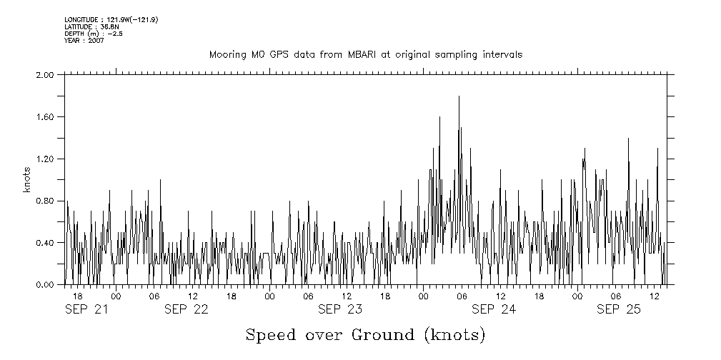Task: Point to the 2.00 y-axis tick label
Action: [x=45, y=74]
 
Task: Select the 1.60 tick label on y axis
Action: [x=45, y=116]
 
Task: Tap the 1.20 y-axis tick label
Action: [x=45, y=159]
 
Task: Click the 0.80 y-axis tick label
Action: [x=45, y=201]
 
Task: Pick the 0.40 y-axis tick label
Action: [x=45, y=243]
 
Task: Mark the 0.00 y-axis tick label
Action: [x=45, y=285]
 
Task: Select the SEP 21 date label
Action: [x=86, y=309]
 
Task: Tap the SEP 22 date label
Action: [x=187, y=309]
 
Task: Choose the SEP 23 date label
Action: [x=339, y=309]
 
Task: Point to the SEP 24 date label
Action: [x=493, y=309]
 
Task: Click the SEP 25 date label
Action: [x=619, y=309]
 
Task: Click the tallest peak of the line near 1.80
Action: [x=459, y=96]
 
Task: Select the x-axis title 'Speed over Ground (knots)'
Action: [x=365, y=334]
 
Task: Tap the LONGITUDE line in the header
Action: [x=111, y=19]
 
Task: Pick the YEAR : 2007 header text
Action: [x=84, y=41]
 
